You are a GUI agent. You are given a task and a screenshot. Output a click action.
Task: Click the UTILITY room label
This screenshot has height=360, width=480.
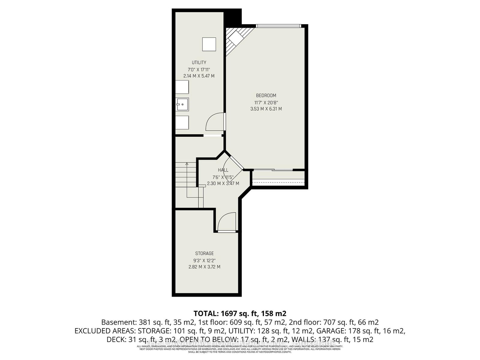(x=199, y=62)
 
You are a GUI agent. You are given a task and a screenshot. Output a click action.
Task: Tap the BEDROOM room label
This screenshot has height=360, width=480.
(x=266, y=95)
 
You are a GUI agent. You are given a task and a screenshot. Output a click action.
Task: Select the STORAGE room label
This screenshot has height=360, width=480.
(x=204, y=253)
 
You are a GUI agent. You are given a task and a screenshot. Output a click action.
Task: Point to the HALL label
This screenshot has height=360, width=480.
(x=223, y=170)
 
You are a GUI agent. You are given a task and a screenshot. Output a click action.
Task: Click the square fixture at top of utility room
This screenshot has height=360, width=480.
(x=209, y=44)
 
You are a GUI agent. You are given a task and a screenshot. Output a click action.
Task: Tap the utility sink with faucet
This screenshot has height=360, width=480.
(x=182, y=104)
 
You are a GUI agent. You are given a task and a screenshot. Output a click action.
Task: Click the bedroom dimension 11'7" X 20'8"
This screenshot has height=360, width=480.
(x=266, y=102)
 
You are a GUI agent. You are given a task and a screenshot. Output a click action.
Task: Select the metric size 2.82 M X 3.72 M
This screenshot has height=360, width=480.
(x=204, y=267)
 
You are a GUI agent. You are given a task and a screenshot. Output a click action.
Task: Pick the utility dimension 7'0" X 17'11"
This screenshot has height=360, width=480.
(x=199, y=69)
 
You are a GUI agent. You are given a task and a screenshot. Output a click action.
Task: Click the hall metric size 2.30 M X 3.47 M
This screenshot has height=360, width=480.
(x=223, y=183)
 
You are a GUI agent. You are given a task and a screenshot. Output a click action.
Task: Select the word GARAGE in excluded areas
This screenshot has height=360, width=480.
(x=335, y=331)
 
